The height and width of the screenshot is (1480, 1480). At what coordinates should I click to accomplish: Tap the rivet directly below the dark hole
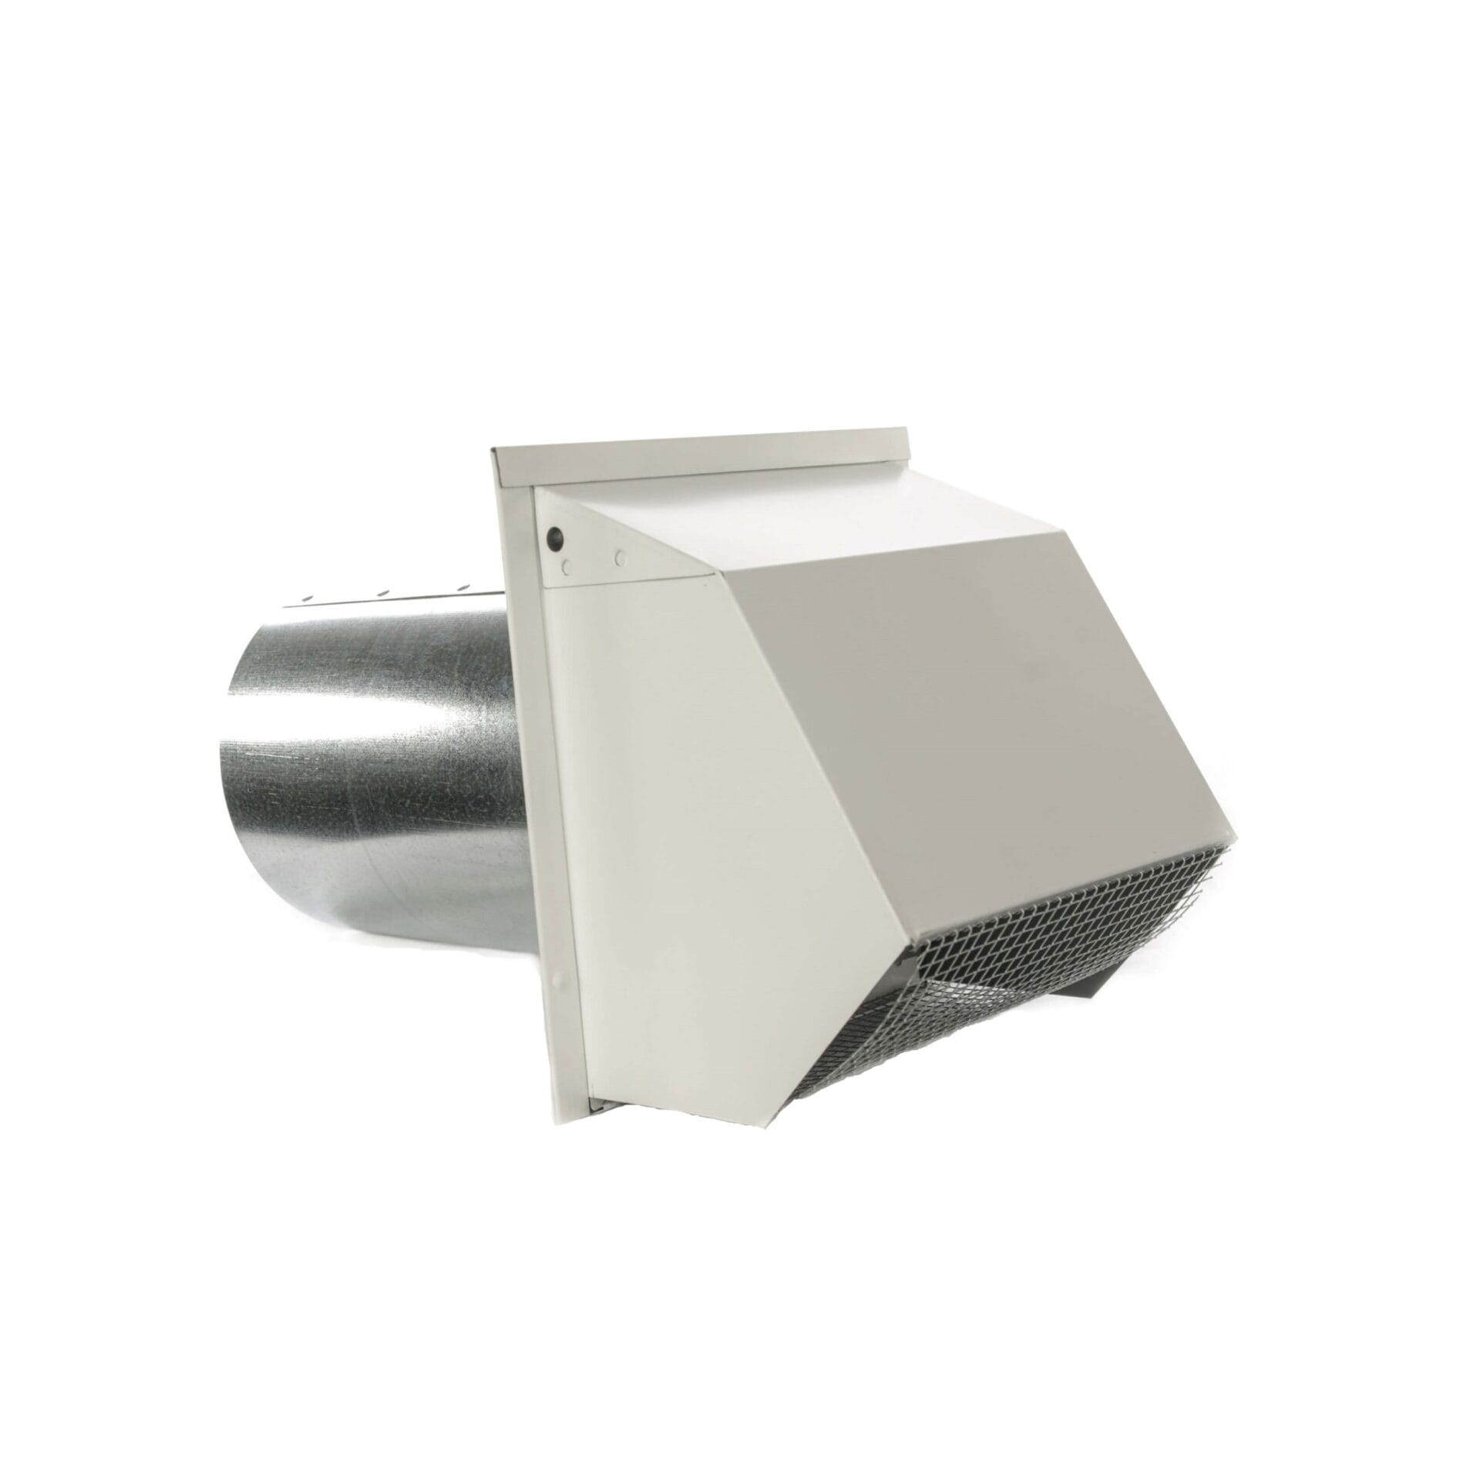[567, 567]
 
